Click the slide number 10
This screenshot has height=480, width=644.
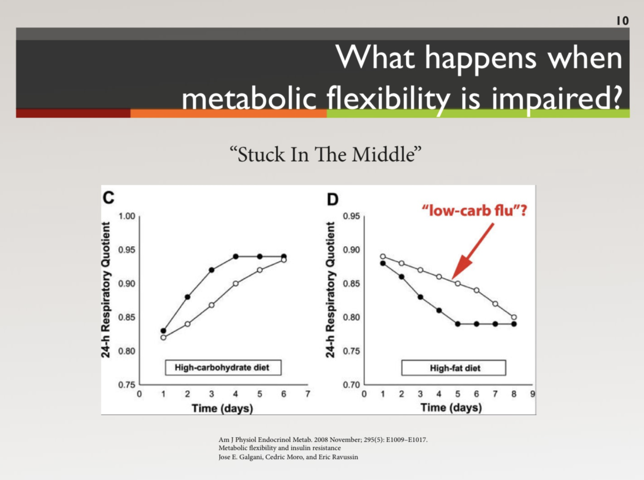point(622,21)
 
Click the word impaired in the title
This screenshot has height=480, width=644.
point(556,98)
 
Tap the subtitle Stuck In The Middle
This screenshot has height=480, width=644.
point(325,154)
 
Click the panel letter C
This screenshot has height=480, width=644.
point(109,198)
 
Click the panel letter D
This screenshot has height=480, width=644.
point(333,199)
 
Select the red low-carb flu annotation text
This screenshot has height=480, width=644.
point(474,211)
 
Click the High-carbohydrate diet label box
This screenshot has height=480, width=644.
point(223,367)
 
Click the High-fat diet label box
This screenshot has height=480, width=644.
point(454,368)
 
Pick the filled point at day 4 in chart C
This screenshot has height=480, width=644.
point(236,257)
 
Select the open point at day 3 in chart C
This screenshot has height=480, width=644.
point(212,305)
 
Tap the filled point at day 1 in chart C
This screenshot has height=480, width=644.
point(163,331)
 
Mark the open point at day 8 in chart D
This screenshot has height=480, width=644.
point(514,317)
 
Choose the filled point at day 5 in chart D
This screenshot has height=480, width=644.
point(458,324)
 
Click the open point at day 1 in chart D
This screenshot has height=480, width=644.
point(383,257)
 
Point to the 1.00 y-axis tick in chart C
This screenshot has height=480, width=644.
point(127,216)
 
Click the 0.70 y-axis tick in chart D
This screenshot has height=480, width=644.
point(351,384)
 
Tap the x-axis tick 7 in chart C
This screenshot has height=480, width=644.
point(308,394)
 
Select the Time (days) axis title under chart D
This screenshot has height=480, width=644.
point(451,408)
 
